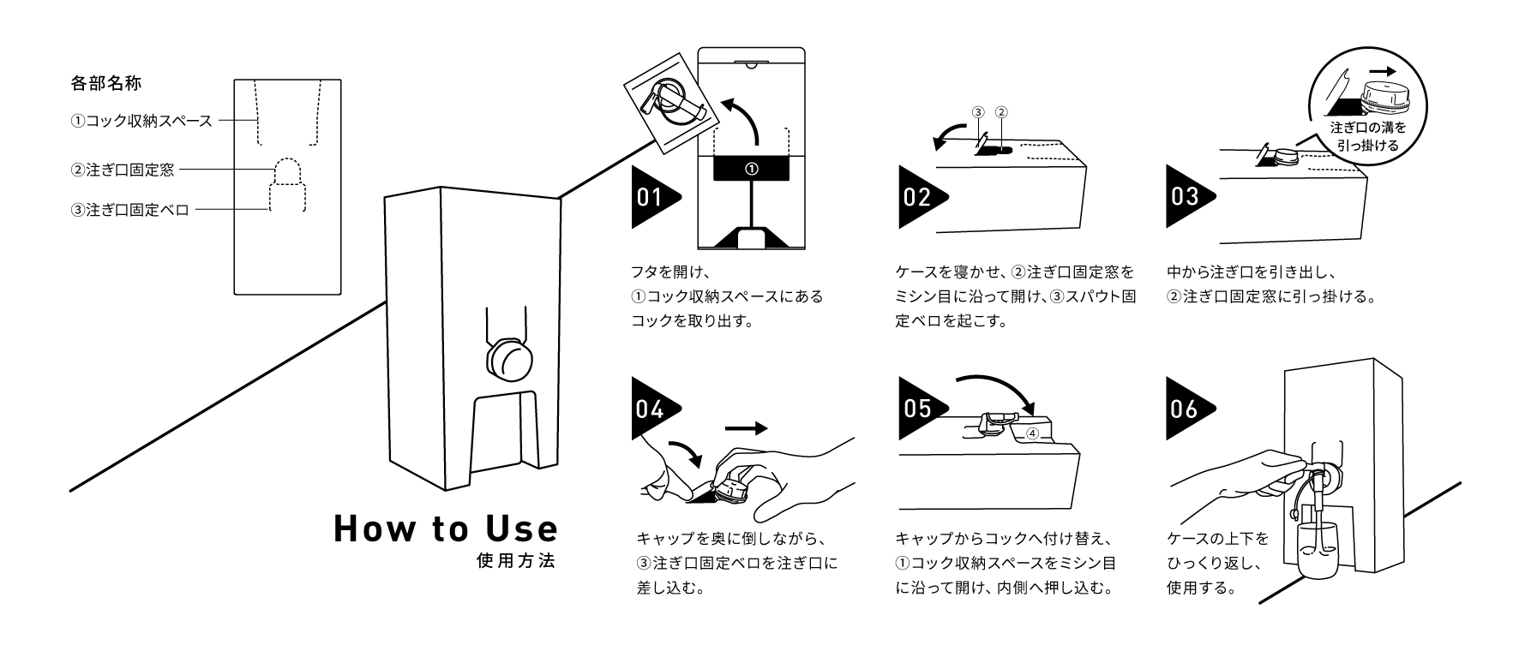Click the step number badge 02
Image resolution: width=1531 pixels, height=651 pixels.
click(917, 198)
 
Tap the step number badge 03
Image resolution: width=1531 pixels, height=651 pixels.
click(1185, 198)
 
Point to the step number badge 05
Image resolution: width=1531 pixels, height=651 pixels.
click(917, 409)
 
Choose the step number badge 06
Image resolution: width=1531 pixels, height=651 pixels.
click(1185, 409)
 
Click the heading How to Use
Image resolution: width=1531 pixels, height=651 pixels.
click(446, 529)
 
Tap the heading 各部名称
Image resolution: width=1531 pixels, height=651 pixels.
click(105, 84)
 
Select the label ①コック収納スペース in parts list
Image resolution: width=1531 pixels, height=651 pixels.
click(141, 121)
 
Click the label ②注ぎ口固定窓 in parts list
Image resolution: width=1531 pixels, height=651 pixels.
click(123, 170)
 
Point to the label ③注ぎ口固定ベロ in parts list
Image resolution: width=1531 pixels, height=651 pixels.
click(129, 210)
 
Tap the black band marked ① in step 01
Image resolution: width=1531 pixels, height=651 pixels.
click(752, 169)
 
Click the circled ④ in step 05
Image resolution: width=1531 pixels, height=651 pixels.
click(1032, 433)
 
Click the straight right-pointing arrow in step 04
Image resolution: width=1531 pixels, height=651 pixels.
click(746, 429)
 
